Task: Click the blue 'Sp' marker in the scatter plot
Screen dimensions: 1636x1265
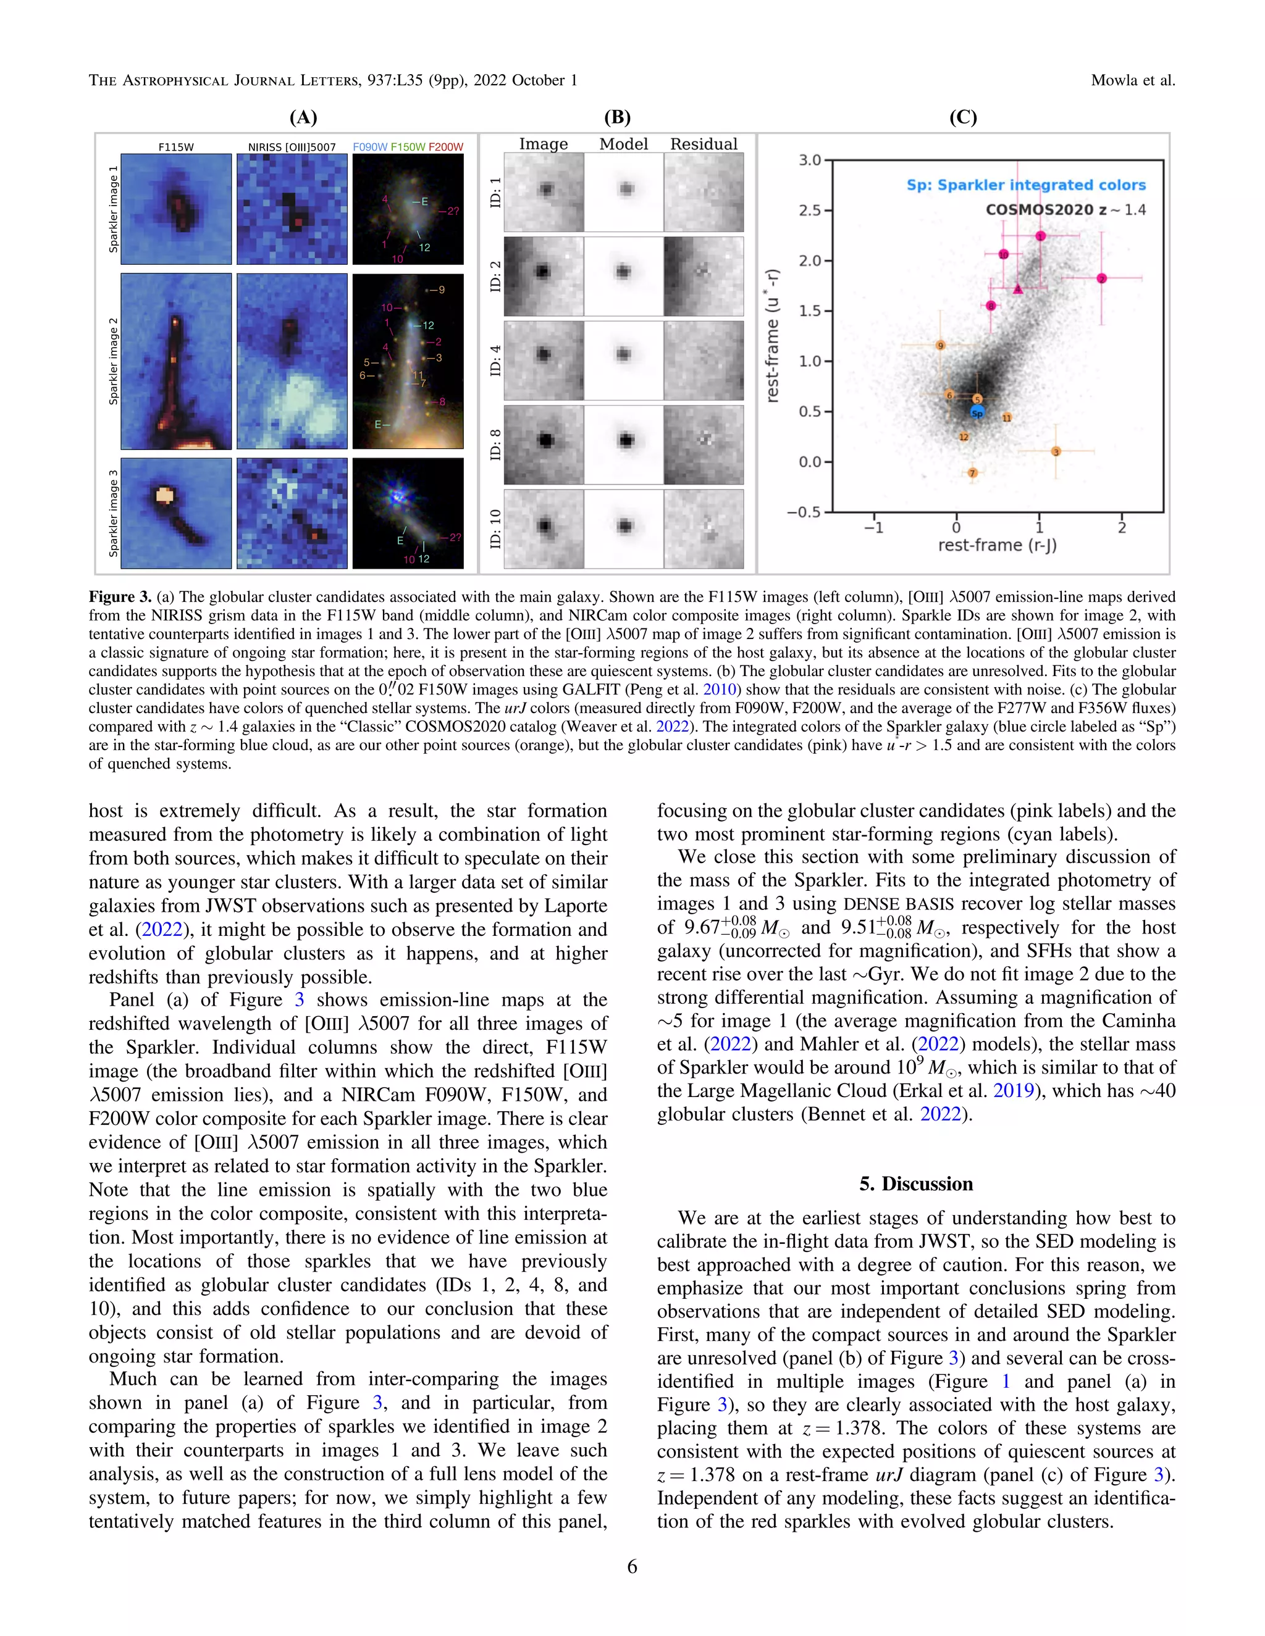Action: (x=977, y=413)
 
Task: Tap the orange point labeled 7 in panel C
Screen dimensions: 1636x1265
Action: (x=972, y=473)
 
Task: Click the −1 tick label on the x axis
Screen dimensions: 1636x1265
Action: (x=874, y=527)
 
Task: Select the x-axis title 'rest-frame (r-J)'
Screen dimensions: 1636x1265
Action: (x=998, y=545)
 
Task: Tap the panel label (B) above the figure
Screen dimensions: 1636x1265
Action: (x=617, y=117)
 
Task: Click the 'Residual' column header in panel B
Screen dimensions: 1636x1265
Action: (x=703, y=144)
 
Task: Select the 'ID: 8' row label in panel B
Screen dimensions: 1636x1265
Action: (x=495, y=444)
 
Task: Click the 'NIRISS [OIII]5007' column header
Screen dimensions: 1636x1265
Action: (x=292, y=147)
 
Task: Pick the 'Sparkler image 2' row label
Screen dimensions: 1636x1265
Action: (x=113, y=361)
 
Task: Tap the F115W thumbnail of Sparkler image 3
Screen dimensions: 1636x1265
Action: (x=176, y=513)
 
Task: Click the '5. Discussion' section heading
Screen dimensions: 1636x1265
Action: (x=916, y=1183)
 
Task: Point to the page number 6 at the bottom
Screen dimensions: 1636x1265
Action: (x=632, y=1566)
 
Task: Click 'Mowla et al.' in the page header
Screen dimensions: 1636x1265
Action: (x=1132, y=80)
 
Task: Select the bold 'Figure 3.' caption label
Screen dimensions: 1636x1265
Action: (x=120, y=597)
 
